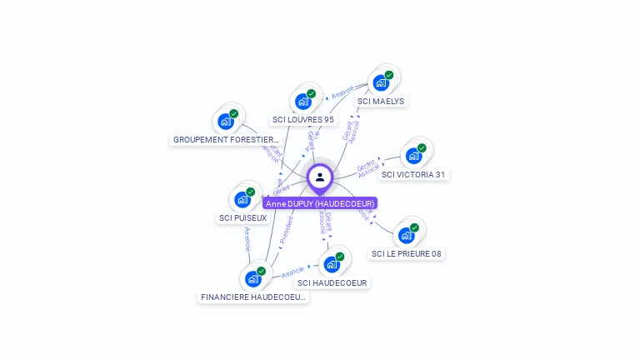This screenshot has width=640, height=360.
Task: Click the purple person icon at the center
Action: tap(320, 177)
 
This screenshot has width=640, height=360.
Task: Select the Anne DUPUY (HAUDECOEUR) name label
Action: tap(320, 203)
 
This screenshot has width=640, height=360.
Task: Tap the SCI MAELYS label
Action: tap(381, 102)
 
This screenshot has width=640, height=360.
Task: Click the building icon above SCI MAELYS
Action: tap(381, 82)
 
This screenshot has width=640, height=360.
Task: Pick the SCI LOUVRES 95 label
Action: tap(303, 120)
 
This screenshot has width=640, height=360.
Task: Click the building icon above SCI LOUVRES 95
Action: tap(302, 101)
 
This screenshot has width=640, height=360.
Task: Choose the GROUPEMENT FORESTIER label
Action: tap(226, 140)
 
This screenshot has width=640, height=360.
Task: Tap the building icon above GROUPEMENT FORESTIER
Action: tap(225, 121)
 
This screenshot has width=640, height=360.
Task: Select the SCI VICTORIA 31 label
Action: tap(413, 175)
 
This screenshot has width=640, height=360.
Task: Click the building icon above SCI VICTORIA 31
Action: tap(412, 156)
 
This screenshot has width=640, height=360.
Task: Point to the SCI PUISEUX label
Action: tap(242, 218)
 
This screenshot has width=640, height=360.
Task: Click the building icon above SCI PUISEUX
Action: tap(242, 199)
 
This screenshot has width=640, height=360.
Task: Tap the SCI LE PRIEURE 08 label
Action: tap(407, 254)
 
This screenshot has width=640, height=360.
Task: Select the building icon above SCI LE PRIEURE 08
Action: tap(406, 235)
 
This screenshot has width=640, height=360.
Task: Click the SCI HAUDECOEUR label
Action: tap(332, 283)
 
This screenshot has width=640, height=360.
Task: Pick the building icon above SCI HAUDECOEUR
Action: tap(332, 264)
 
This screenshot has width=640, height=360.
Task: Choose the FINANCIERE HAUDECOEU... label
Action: tap(253, 297)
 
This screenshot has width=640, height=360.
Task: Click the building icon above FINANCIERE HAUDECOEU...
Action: tap(252, 278)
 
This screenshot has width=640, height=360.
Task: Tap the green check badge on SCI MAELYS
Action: tap(389, 75)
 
